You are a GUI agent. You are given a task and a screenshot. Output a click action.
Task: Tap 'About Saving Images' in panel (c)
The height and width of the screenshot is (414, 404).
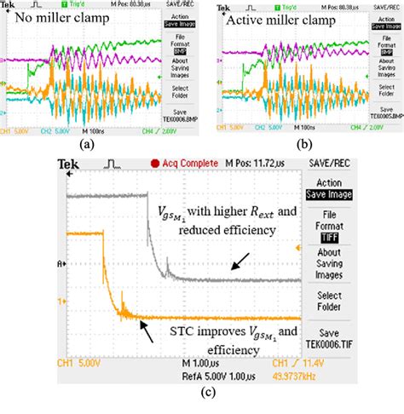[328, 263]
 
